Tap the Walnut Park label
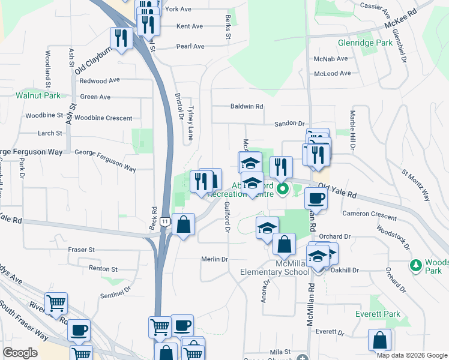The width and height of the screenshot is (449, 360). (x=38, y=95)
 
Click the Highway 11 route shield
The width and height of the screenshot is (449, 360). (x=164, y=223)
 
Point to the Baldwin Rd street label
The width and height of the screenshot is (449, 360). (x=247, y=107)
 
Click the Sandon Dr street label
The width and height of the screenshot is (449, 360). (x=289, y=123)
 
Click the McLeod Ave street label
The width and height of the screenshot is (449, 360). (x=332, y=73)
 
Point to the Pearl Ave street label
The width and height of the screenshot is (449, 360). (x=190, y=46)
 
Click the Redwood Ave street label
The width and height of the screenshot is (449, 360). (x=100, y=80)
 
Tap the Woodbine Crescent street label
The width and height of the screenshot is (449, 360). (x=103, y=118)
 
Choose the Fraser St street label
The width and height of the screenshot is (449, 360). (x=81, y=249)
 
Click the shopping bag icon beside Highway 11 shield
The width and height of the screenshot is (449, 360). (x=184, y=225)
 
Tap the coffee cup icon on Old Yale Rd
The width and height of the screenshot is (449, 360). (x=316, y=197)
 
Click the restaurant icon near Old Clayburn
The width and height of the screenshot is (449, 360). (x=122, y=39)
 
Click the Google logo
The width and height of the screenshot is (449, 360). (x=20, y=353)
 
